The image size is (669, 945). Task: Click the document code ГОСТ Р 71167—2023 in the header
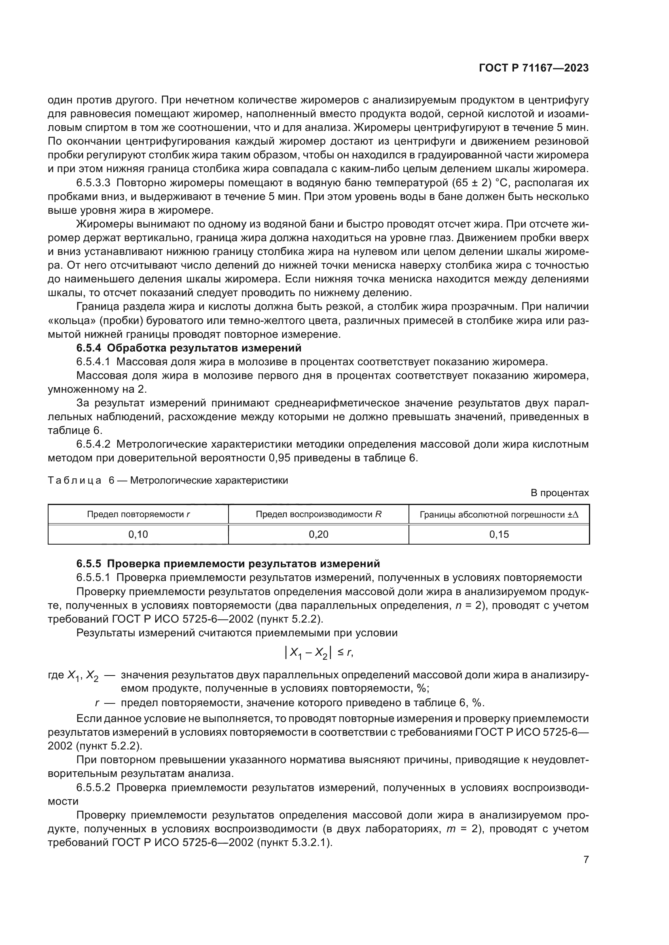point(534,68)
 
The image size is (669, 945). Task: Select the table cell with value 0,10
point(138,534)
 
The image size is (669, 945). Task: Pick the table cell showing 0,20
point(318,534)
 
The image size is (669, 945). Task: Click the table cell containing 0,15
point(499,534)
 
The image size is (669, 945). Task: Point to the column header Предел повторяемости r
point(138,514)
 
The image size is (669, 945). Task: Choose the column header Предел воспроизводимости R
point(318,514)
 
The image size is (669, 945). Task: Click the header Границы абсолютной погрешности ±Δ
point(499,514)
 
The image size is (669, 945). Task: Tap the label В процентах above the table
point(559,492)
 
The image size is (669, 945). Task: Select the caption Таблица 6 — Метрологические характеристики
point(168,480)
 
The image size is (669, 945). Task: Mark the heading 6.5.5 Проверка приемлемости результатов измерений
point(228,563)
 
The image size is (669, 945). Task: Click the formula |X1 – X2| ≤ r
point(318,652)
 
